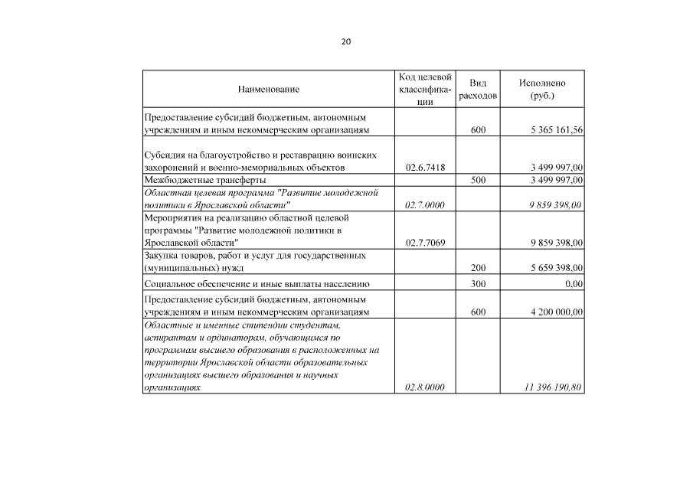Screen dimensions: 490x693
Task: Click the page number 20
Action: point(346,42)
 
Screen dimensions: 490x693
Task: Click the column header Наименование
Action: point(268,90)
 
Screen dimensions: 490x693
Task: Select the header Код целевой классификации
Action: point(425,90)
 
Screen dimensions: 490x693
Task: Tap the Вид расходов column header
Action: point(478,90)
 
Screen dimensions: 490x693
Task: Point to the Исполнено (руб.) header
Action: point(541,90)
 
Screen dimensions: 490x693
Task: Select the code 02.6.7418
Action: point(425,167)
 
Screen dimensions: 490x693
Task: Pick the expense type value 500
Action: point(478,180)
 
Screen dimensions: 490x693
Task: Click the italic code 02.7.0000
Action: point(425,205)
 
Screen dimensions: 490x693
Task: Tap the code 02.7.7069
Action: point(425,243)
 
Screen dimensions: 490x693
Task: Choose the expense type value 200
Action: point(478,268)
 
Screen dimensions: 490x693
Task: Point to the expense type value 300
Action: point(478,284)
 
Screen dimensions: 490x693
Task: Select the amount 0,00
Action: point(573,284)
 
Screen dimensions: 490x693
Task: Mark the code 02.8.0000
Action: point(425,388)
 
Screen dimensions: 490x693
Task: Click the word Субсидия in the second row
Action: point(165,155)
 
